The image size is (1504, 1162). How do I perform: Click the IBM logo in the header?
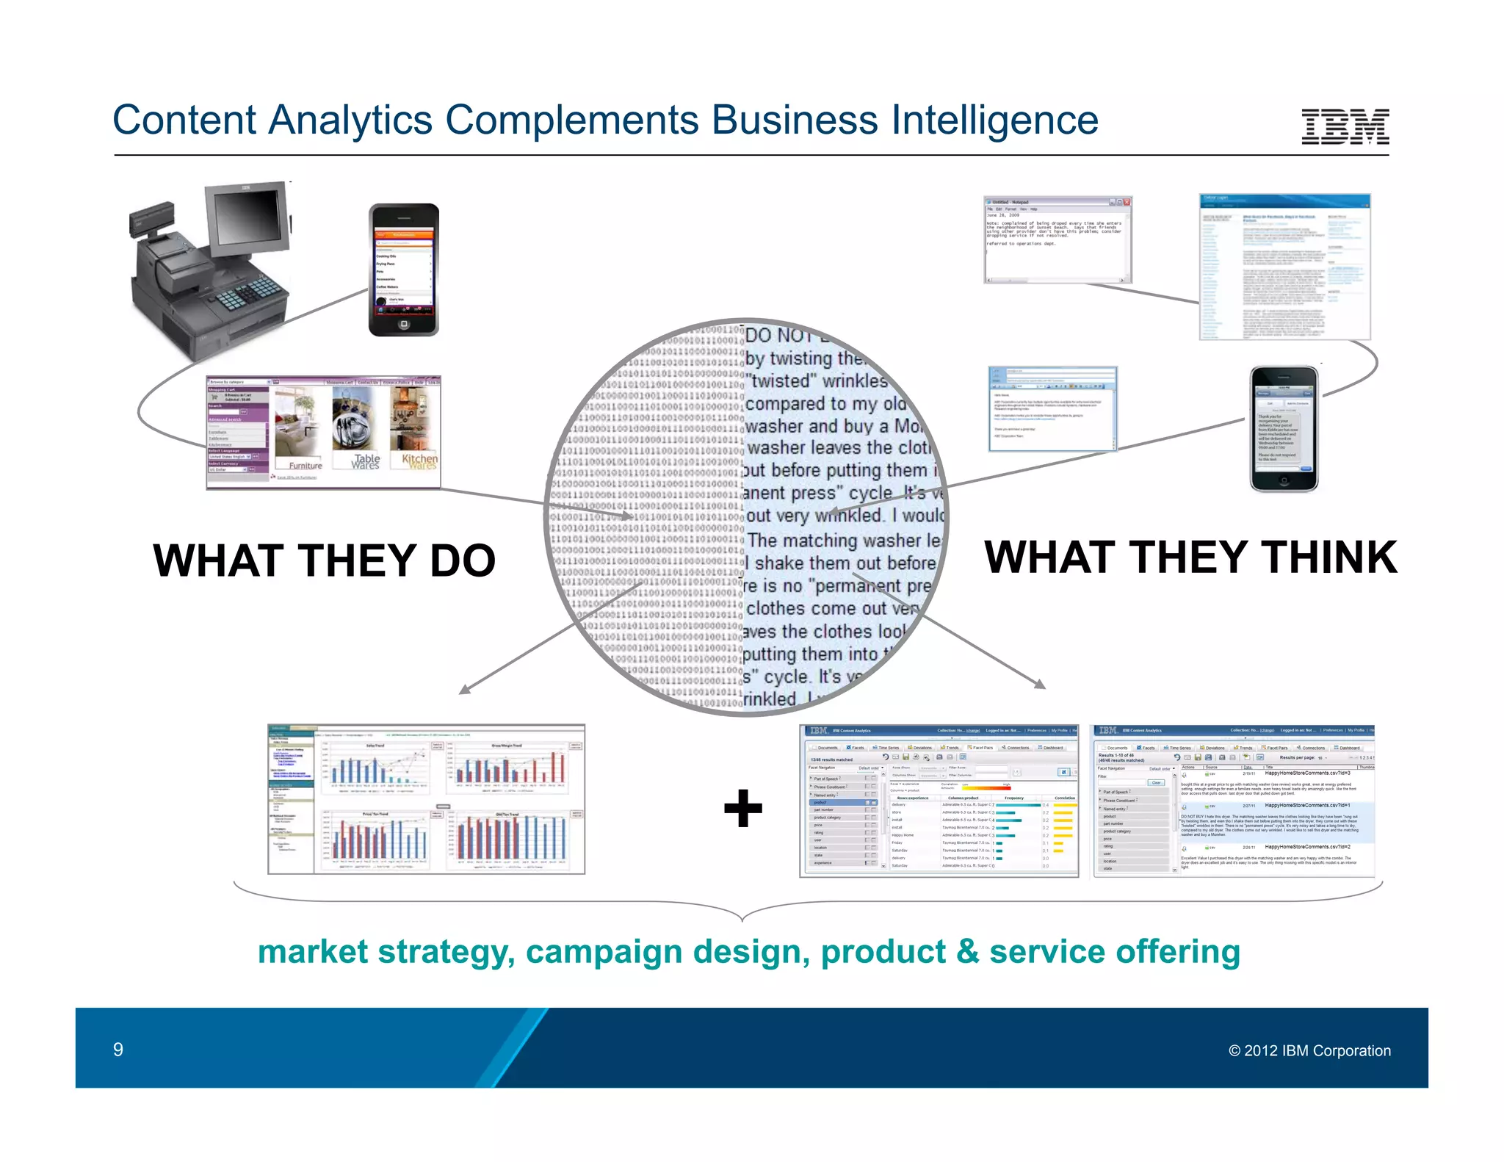[1345, 126]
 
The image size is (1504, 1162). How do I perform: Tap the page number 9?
[117, 1049]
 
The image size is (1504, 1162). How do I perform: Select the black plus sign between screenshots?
[743, 808]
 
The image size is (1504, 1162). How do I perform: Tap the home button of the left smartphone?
[403, 324]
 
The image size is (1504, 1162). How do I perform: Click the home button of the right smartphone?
[1284, 480]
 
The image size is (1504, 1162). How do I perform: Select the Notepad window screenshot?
[1057, 239]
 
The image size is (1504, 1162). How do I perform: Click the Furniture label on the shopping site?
[305, 465]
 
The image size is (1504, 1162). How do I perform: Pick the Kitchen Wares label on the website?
[419, 461]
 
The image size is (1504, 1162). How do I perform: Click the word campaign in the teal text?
[604, 952]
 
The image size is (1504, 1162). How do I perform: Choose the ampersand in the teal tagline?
[967, 952]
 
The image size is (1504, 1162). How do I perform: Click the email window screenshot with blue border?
[1052, 408]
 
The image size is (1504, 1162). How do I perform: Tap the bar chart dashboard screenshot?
[426, 799]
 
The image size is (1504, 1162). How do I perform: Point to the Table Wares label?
[366, 461]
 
